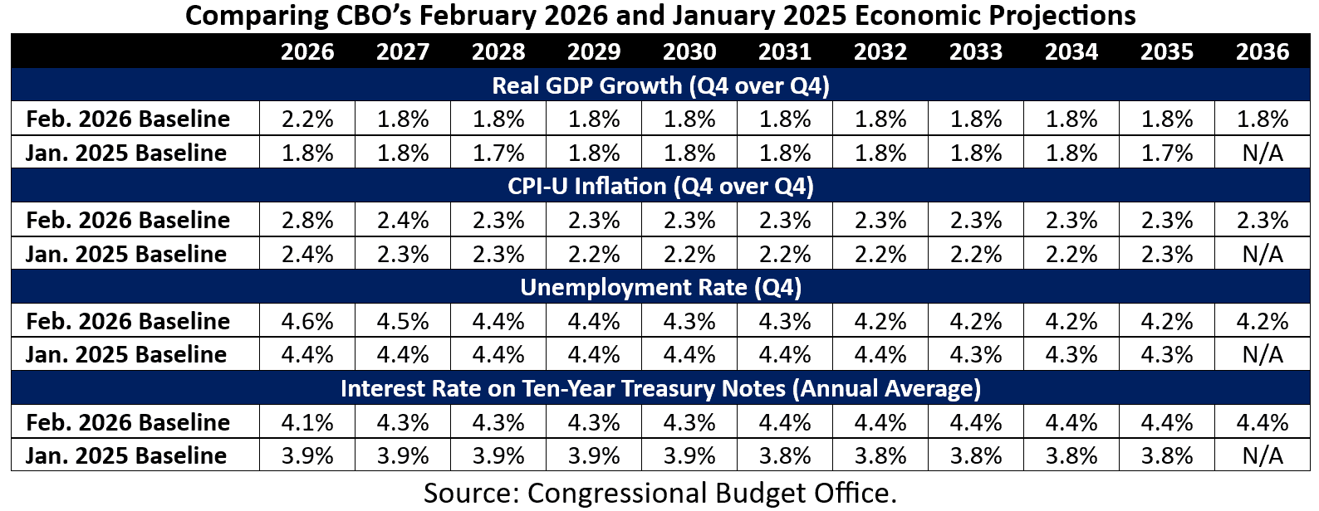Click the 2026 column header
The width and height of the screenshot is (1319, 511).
[x=307, y=51]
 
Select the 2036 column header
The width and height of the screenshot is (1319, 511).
[x=1262, y=51]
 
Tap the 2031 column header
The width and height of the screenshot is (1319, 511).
[x=785, y=51]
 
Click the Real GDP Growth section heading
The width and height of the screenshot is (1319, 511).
[x=660, y=85]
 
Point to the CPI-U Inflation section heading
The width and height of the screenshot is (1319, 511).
[x=660, y=186]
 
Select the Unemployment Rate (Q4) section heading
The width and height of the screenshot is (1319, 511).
[x=660, y=287]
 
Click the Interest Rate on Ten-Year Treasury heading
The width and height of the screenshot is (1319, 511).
[x=660, y=388]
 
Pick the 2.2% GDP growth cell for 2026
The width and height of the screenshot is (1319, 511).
[x=307, y=119]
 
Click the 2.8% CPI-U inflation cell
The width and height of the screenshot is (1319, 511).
[x=307, y=220]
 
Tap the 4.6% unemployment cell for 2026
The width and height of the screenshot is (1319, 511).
[x=307, y=321]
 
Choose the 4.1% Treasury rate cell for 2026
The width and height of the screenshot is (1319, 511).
[x=307, y=422]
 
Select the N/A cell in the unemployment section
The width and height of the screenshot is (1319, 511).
[x=1262, y=355]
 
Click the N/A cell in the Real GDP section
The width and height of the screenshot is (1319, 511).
[x=1262, y=153]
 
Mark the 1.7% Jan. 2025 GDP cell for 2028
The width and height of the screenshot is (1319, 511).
[x=498, y=153]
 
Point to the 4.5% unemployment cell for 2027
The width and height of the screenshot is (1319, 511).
[x=403, y=321]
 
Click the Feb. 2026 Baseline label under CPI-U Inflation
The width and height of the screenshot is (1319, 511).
[x=128, y=220]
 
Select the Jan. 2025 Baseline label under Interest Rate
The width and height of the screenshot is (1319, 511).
[x=126, y=455]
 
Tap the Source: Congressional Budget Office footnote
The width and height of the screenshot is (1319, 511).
[x=660, y=493]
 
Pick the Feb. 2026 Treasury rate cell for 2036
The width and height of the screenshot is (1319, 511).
[x=1262, y=422]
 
